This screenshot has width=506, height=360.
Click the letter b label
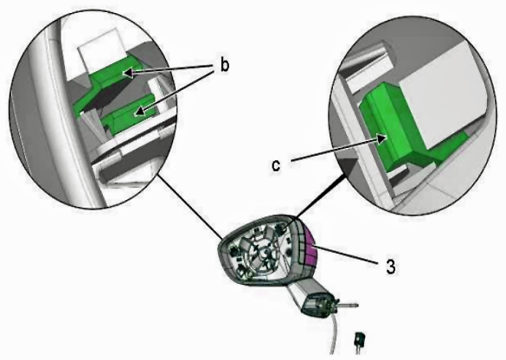tap(225, 65)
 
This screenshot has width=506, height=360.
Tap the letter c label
tap(276, 165)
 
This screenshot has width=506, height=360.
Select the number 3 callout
tap(391, 267)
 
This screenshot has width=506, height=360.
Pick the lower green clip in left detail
tap(127, 113)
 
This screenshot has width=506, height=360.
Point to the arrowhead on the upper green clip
tap(128, 73)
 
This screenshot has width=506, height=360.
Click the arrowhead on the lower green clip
tap(139, 112)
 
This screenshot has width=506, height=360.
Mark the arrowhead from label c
tap(382, 138)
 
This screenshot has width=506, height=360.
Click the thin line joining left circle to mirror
tap(189, 207)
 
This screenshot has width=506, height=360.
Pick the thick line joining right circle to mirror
tap(319, 197)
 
